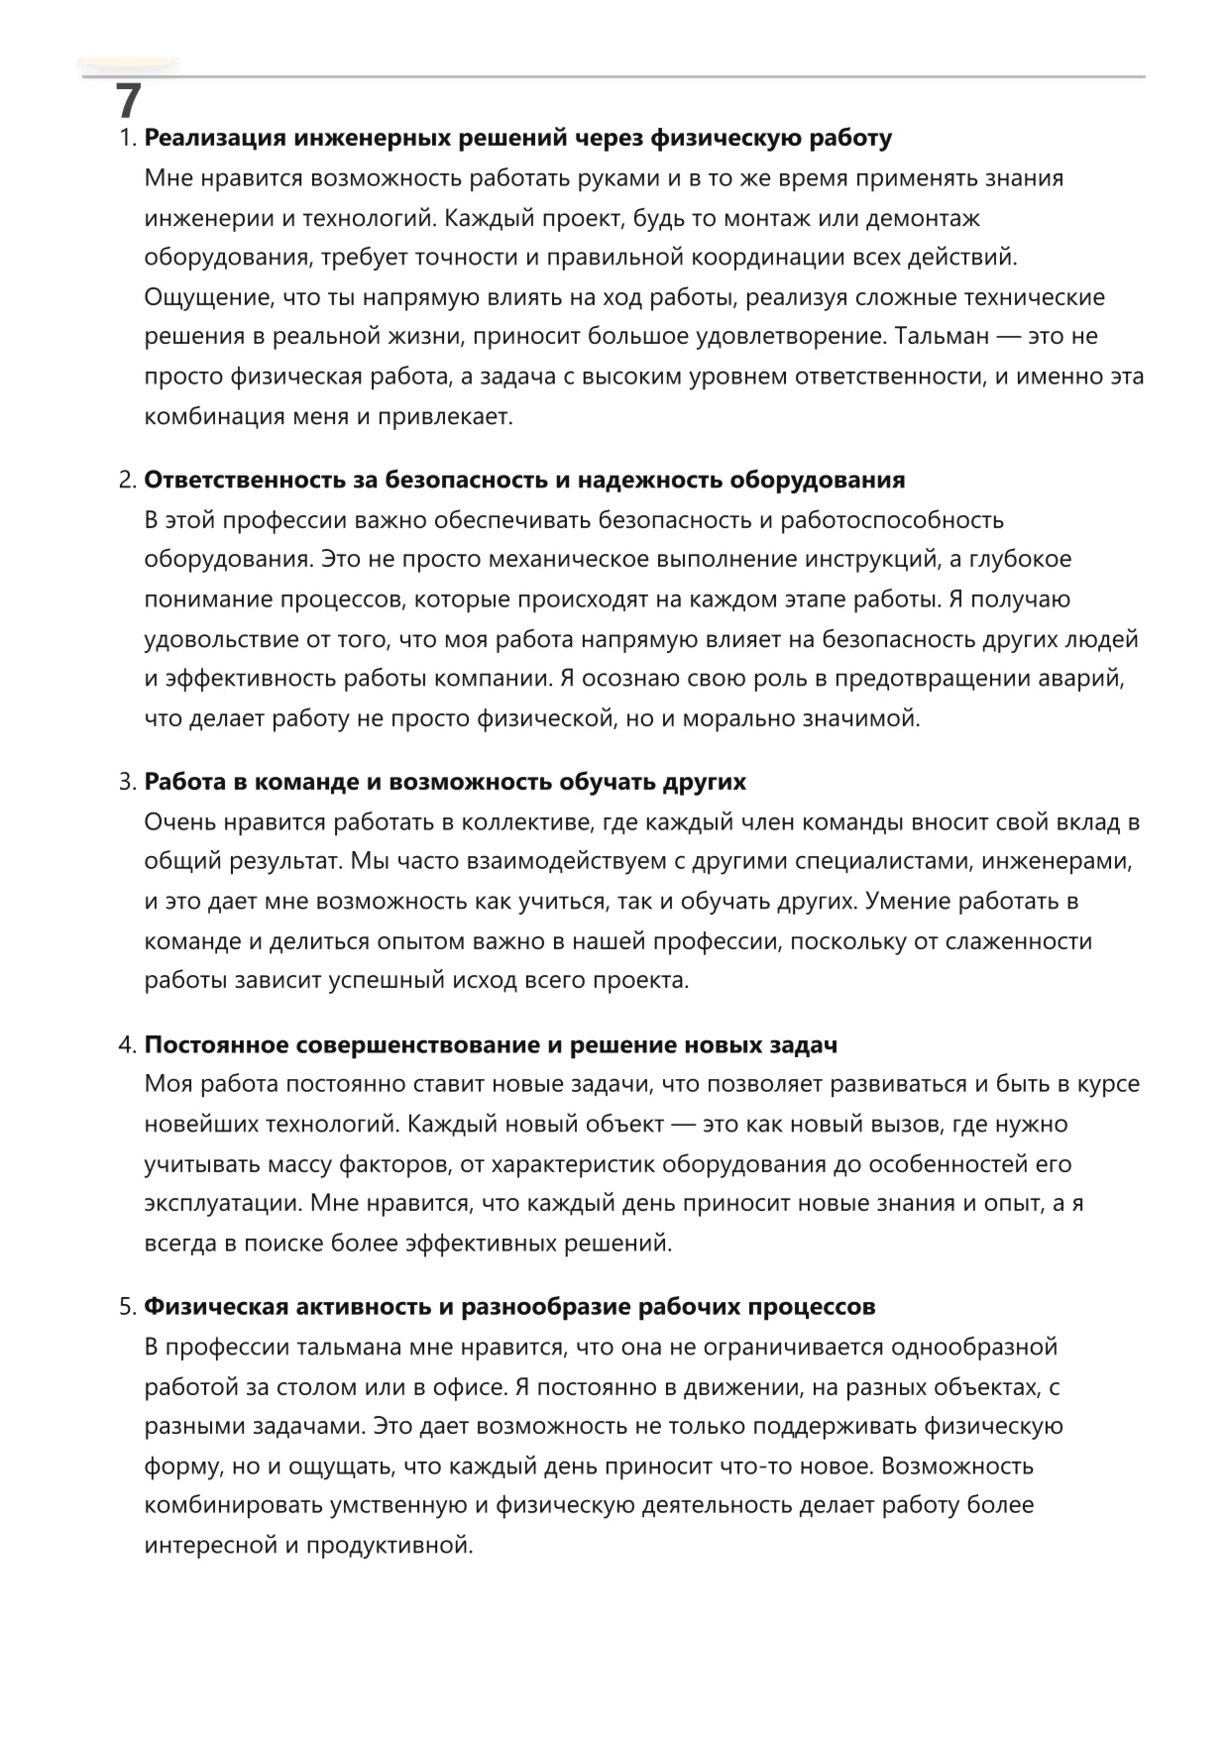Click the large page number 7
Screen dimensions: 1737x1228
129,101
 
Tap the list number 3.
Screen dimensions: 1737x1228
126,782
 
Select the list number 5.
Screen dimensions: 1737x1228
126,1307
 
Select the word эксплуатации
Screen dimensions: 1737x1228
223,1203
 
